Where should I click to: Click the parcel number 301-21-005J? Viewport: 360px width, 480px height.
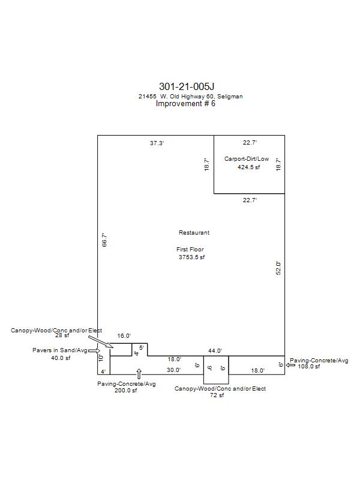(187, 86)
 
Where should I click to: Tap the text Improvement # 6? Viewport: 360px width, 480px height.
(185, 103)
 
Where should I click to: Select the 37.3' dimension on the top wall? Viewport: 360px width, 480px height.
(157, 143)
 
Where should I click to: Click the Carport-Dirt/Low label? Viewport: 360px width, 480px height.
(247, 159)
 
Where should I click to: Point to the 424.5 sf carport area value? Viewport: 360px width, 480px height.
(248, 167)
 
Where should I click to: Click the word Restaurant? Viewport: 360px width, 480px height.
(194, 233)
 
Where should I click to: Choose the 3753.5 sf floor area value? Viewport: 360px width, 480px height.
(191, 257)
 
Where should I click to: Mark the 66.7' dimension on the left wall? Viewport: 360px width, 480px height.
(104, 240)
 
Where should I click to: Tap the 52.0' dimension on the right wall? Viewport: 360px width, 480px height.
(278, 268)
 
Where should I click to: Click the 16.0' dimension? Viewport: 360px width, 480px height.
(124, 336)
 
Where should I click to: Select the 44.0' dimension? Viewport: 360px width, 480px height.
(215, 351)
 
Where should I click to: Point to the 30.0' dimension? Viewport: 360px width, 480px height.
(173, 370)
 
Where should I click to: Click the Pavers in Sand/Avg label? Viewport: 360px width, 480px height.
(60, 350)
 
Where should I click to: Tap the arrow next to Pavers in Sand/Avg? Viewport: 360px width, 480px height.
(94, 351)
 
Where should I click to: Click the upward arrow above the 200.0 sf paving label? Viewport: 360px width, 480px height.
(139, 374)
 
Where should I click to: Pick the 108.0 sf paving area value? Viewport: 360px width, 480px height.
(309, 367)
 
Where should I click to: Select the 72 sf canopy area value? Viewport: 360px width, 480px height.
(217, 395)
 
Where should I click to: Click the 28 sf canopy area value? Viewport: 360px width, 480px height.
(62, 335)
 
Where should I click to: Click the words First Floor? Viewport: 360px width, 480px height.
(190, 250)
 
